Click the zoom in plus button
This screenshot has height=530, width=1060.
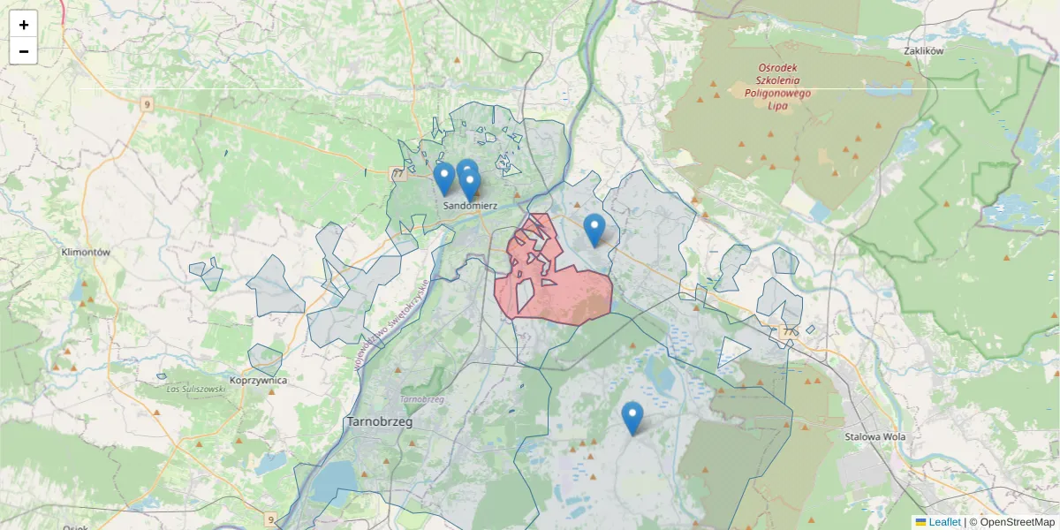(x=24, y=25)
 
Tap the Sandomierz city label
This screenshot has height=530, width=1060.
(x=471, y=206)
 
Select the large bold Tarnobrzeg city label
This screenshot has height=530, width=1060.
(x=381, y=421)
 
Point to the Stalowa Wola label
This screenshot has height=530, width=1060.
(x=870, y=435)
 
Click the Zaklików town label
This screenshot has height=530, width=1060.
(x=924, y=51)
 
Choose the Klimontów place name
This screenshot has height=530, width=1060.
(x=86, y=252)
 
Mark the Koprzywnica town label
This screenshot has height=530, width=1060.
(x=258, y=381)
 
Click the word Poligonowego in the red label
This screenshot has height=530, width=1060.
(x=777, y=93)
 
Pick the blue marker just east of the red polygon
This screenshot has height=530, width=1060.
(x=594, y=230)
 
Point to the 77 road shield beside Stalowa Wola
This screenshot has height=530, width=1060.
(x=788, y=332)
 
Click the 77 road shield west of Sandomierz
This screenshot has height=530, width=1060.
(x=398, y=174)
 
